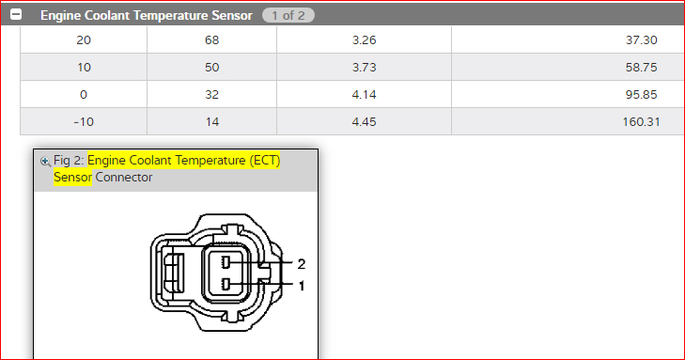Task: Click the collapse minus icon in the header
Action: click(x=16, y=14)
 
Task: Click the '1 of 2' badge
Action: click(x=288, y=15)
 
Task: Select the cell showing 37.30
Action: click(x=568, y=39)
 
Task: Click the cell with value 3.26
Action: click(x=364, y=39)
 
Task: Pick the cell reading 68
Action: click(x=211, y=39)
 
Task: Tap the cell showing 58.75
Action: click(x=568, y=67)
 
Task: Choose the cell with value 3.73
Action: click(x=364, y=67)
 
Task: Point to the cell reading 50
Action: click(x=211, y=67)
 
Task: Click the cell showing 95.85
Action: click(x=568, y=94)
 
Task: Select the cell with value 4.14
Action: click(x=364, y=94)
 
